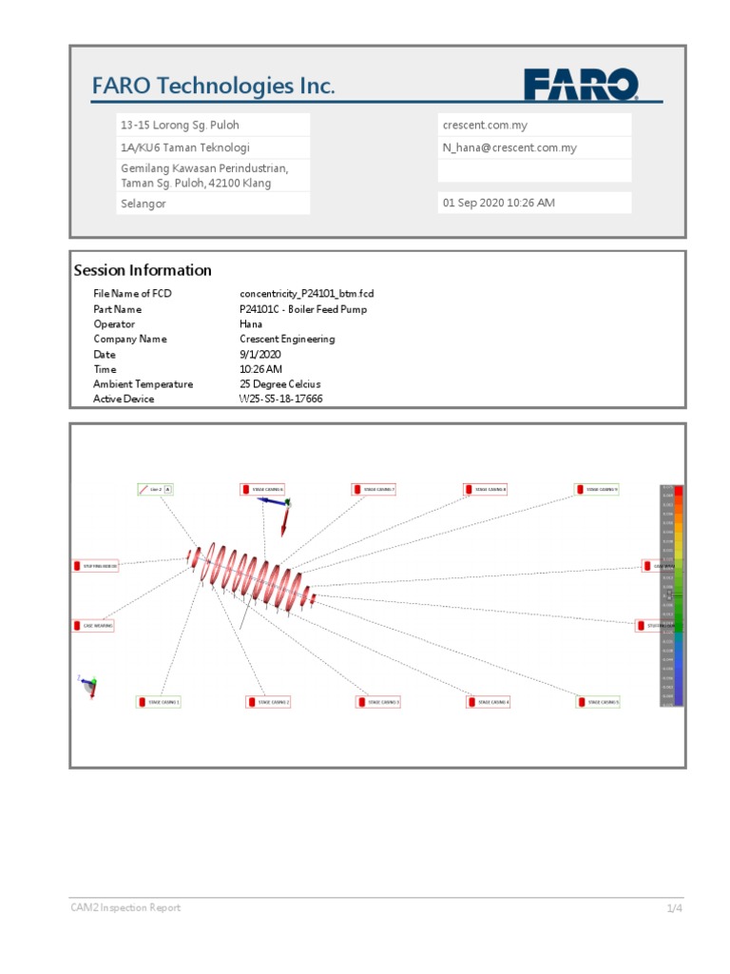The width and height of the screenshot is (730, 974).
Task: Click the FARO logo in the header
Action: (580, 86)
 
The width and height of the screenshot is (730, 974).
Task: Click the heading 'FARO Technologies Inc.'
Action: (213, 87)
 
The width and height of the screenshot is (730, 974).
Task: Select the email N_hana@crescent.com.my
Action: (509, 148)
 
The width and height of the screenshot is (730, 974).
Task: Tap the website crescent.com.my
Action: (485, 126)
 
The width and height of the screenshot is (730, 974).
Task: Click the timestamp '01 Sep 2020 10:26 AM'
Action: (499, 204)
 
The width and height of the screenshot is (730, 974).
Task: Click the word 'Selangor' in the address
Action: (144, 204)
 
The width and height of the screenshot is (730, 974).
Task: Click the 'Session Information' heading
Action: (143, 271)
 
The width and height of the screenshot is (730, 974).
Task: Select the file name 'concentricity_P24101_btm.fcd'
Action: (306, 295)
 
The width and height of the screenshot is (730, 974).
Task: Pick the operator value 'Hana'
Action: (251, 324)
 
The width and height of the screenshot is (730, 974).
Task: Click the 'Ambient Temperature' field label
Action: (143, 384)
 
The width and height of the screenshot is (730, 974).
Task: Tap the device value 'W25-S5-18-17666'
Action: (280, 399)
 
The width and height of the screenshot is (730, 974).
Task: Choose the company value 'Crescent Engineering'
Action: (287, 340)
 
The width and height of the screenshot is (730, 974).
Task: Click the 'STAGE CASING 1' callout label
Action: (159, 702)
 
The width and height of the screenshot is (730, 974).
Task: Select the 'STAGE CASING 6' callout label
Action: (263, 490)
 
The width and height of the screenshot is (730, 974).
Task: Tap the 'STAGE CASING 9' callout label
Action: (597, 490)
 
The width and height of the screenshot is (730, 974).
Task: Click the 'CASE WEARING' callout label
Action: (93, 626)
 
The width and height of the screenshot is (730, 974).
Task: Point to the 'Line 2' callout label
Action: (155, 490)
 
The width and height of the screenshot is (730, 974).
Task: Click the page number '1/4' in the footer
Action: (674, 908)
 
